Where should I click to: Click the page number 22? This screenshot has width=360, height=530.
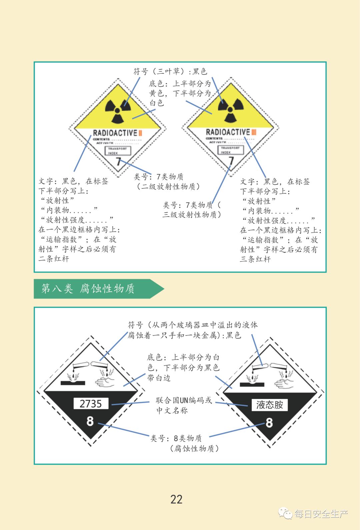point(176,499)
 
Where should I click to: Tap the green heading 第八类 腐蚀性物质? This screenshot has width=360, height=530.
point(88,289)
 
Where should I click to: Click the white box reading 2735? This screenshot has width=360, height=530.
point(91,404)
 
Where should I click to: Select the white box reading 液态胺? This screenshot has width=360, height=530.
point(269,405)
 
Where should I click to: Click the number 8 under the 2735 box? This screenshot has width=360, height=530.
point(90,421)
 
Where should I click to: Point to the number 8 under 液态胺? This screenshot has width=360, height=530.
point(269,423)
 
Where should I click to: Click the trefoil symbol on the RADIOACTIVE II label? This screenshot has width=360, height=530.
point(118,110)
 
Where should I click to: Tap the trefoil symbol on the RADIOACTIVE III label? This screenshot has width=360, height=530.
point(230,110)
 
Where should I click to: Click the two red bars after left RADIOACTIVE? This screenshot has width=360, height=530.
point(140,133)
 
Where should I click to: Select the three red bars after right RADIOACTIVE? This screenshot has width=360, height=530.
point(254,132)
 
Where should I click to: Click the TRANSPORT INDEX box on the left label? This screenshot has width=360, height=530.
point(117,151)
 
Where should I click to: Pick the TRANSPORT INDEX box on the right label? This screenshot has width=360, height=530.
point(230,150)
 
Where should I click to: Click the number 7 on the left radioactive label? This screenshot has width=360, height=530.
point(118,162)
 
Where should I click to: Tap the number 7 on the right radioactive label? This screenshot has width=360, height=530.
point(231,161)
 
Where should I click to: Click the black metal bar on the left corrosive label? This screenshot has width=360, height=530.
point(73,383)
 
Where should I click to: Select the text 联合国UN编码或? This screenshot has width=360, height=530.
point(184,400)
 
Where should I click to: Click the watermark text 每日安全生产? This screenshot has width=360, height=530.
point(321,514)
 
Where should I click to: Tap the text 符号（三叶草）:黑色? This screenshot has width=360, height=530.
point(170,71)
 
